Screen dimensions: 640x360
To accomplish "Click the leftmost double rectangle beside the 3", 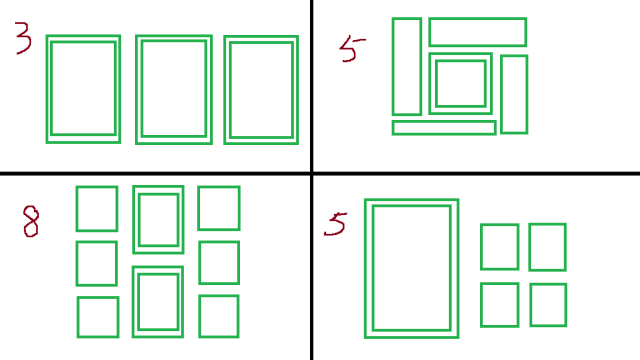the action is click(x=48, y=89).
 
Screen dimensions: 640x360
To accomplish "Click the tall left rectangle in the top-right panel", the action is click(x=393, y=67).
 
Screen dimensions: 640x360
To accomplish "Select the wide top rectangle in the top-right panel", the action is click(x=478, y=19).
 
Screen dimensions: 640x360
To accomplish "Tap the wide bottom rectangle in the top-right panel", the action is click(x=444, y=122).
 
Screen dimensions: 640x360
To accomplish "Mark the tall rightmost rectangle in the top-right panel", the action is click(x=502, y=94).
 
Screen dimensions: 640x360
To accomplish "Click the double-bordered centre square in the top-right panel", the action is click(x=430, y=84).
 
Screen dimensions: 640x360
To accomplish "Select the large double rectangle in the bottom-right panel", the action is click(x=366, y=268).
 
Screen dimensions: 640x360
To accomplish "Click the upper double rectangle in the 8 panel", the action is click(x=134, y=220).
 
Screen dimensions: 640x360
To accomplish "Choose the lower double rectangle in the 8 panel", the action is click(x=133, y=302).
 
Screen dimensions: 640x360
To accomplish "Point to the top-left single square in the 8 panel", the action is click(x=77, y=209).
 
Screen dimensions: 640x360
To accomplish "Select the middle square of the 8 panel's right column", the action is click(x=200, y=262).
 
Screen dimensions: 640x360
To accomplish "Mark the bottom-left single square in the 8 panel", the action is click(x=78, y=317).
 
